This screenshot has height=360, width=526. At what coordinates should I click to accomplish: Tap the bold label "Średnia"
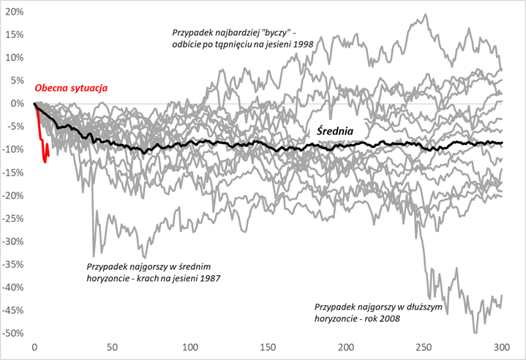pyautogui.click(x=338, y=132)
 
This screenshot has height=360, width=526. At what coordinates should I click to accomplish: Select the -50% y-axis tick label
pyautogui.click(x=12, y=334)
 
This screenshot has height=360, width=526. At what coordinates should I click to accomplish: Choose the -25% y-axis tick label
pyautogui.click(x=12, y=218)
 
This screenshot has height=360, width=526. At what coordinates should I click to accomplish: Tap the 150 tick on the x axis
pyautogui.click(x=268, y=347)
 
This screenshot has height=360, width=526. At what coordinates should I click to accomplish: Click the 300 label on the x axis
pyautogui.click(x=502, y=347)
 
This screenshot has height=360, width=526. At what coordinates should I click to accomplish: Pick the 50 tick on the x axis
pyautogui.click(x=112, y=347)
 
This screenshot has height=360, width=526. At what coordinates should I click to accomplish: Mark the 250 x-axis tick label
pyautogui.click(x=424, y=347)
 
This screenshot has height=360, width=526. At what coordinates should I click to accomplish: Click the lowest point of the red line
pyautogui.click(x=45, y=162)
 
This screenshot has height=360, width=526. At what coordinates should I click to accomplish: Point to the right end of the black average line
pyautogui.click(x=502, y=143)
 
